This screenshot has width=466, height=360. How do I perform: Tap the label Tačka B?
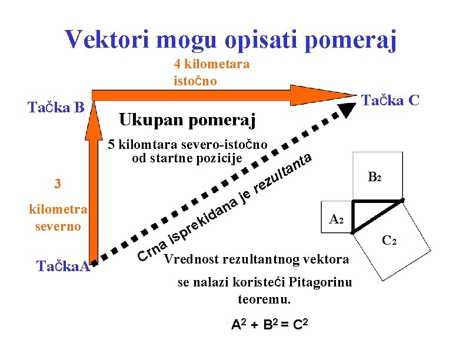tap(57, 107)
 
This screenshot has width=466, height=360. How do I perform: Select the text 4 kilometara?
tap(211, 64)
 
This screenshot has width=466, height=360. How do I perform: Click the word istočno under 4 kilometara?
tap(195, 81)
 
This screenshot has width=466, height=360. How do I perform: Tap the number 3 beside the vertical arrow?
tap(57, 184)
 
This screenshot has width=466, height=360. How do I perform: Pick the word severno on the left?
tap(58, 225)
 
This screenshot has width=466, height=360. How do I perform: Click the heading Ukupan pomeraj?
tap(187, 121)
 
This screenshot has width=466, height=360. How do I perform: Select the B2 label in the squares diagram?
tap(375, 176)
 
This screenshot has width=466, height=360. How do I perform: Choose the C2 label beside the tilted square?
tap(390, 240)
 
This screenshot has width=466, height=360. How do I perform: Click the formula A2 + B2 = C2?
tap(270, 325)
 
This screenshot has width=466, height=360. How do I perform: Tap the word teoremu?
tap(264, 299)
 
